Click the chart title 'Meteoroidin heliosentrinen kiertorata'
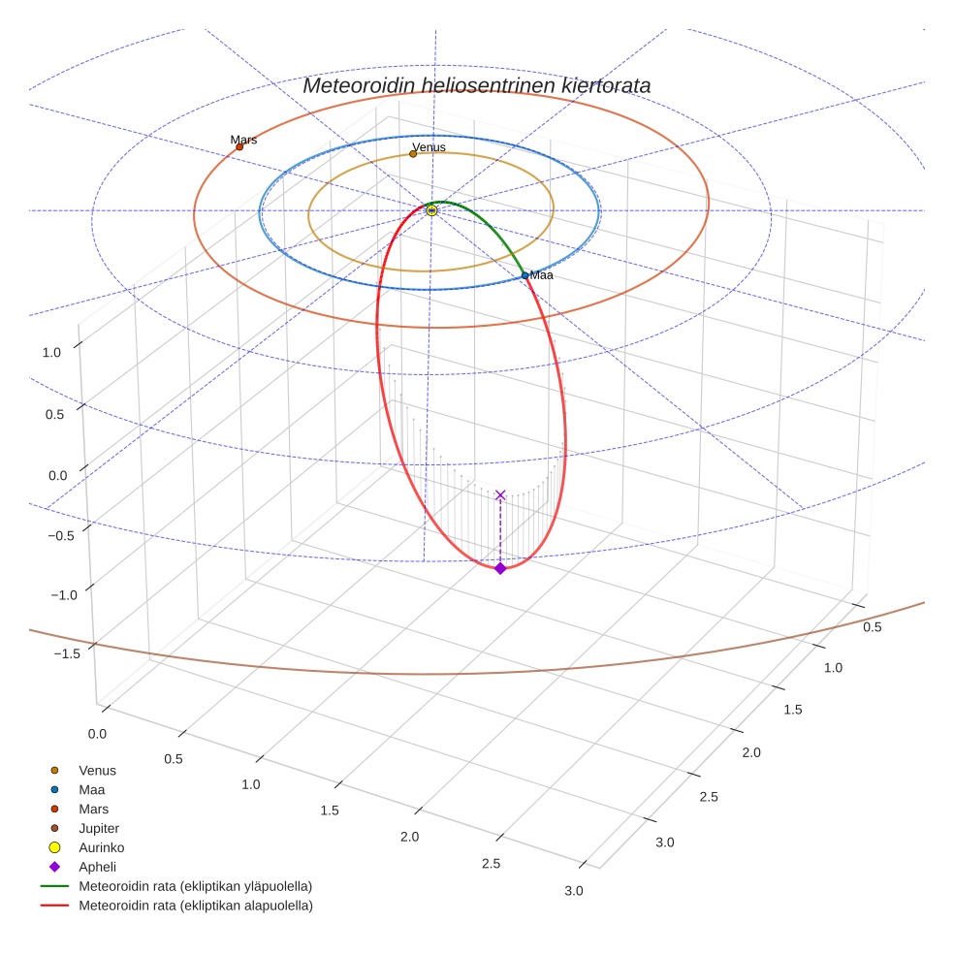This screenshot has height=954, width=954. [x=476, y=85]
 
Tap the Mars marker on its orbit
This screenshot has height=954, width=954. [x=239, y=146]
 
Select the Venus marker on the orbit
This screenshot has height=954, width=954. [x=413, y=153]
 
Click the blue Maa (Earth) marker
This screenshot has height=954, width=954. [x=525, y=275]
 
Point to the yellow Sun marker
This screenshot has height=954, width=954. [x=431, y=210]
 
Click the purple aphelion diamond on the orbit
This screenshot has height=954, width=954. [x=500, y=568]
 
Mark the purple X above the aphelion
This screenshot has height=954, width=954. [x=500, y=495]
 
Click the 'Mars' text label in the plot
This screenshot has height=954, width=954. [x=243, y=140]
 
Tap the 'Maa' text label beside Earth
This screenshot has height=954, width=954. [x=541, y=275]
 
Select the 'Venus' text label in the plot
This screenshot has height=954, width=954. [x=429, y=147]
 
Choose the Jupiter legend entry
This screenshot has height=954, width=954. [x=98, y=828]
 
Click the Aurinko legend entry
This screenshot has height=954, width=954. [x=101, y=847]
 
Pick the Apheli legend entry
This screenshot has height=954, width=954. [x=96, y=867]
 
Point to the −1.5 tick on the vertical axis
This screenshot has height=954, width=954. [x=66, y=653]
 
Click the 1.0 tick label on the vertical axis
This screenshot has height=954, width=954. [x=50, y=353]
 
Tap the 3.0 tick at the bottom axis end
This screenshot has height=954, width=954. [x=574, y=890]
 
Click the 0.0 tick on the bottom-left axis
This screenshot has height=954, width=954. [x=97, y=734]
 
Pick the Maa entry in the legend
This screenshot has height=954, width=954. [x=91, y=789]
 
